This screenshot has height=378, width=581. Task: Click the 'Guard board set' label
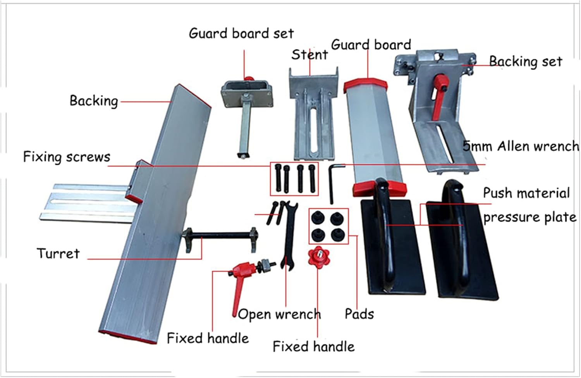click(241, 34)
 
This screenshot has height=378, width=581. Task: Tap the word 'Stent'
click(309, 55)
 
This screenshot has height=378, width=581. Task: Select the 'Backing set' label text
click(525, 62)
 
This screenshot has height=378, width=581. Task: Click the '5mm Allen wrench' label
click(521, 147)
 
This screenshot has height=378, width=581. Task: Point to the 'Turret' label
click(58, 254)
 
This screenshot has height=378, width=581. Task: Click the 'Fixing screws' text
click(67, 157)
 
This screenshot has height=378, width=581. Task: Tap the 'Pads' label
click(359, 314)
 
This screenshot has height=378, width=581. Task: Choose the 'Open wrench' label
click(279, 314)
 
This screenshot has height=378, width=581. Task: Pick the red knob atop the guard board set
click(248, 79)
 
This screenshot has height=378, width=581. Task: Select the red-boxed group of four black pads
click(328, 226)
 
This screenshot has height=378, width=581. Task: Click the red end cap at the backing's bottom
click(128, 337)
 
